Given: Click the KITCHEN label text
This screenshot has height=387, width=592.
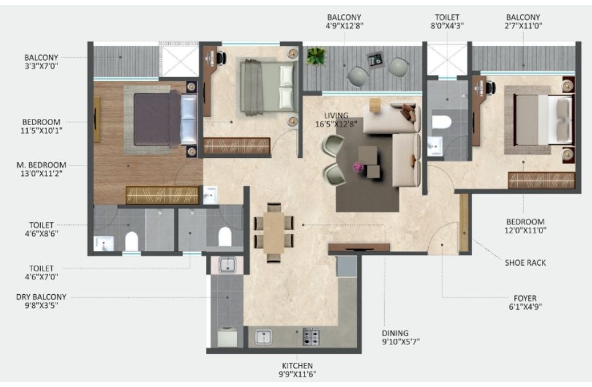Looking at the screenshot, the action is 297,365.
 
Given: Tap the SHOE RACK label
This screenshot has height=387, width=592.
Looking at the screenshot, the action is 525,263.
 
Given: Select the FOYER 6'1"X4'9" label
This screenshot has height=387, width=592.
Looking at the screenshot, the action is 525,302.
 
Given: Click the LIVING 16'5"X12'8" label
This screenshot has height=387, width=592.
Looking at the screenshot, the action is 336,120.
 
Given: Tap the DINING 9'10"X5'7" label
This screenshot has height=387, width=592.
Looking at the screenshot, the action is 401,337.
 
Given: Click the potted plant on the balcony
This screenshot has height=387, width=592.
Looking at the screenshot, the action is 315,56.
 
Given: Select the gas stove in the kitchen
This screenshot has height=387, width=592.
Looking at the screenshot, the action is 311,337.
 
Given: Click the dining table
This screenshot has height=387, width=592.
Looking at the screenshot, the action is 273,233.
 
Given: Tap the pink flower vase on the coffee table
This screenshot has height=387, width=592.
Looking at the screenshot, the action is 358,167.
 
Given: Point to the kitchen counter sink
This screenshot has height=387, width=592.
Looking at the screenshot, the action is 264,337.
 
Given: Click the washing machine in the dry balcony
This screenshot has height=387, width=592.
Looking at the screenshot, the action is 227,337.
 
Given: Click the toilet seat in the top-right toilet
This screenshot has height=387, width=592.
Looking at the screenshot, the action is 442,122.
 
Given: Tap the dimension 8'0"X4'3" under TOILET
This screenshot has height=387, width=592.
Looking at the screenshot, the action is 447,26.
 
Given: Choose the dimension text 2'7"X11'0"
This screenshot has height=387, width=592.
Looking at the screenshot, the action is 523,26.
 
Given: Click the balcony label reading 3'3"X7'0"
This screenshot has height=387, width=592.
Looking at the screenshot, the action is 41,66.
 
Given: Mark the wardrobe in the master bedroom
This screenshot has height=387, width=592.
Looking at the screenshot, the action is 162,195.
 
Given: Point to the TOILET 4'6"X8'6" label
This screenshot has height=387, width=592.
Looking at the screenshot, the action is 41,229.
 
